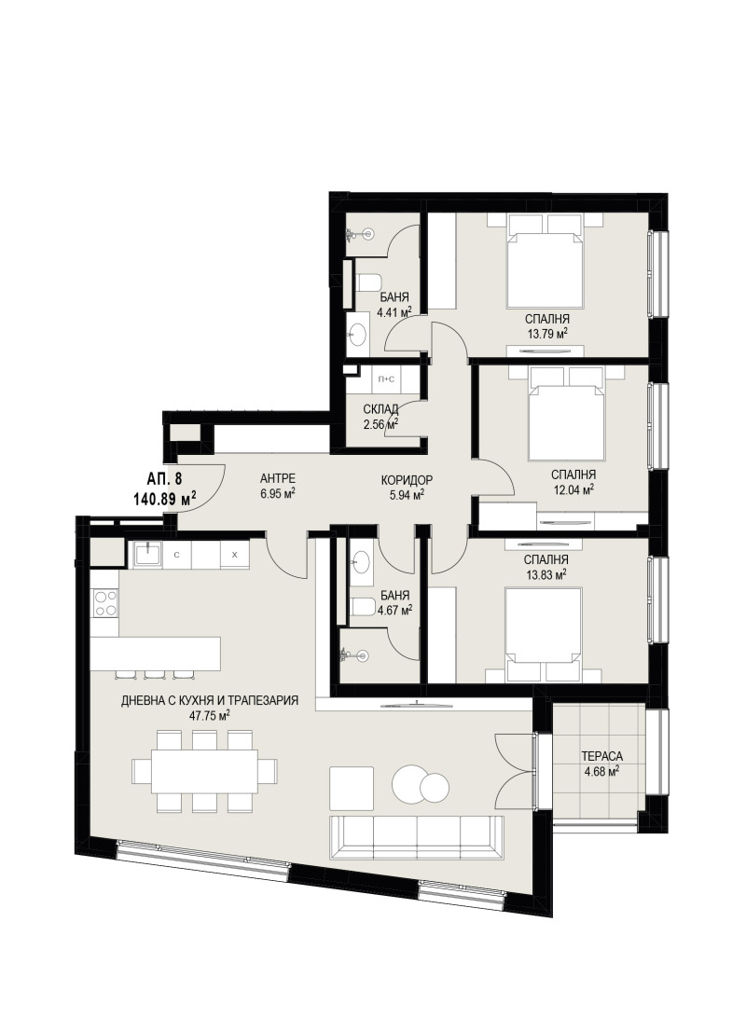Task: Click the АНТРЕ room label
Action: (x=278, y=478)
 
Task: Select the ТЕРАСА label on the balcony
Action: (x=601, y=757)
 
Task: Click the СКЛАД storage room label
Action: (x=380, y=409)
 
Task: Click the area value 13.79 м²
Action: (x=547, y=333)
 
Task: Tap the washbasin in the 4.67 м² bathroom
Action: (x=360, y=560)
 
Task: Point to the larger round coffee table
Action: (x=412, y=783)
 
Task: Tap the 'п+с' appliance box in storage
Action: (x=386, y=378)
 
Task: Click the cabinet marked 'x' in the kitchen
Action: (x=234, y=554)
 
